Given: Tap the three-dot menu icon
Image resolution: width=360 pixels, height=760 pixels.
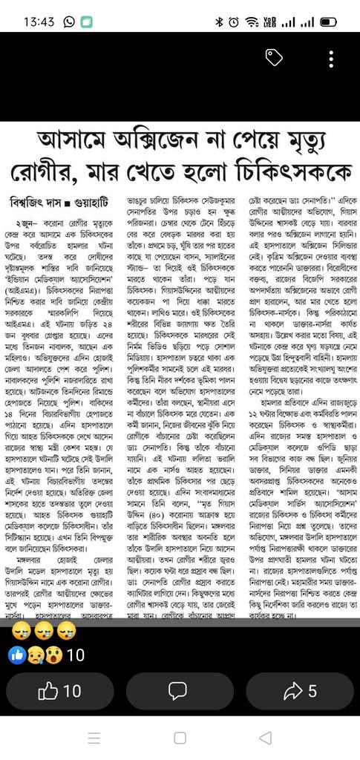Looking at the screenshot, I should point(331,59).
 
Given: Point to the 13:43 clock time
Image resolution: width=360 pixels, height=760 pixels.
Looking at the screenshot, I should point(38,22).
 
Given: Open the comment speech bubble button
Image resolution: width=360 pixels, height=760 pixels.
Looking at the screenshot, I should point(178,691).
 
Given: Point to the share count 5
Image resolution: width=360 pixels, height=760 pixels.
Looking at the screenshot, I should point(312,691).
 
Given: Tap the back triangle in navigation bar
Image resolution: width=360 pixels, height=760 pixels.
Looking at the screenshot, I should point(265,738).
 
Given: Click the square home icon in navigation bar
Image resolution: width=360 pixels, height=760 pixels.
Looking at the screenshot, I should point(180,738).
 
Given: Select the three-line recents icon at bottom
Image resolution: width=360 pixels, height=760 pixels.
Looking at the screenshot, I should point(94,738).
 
